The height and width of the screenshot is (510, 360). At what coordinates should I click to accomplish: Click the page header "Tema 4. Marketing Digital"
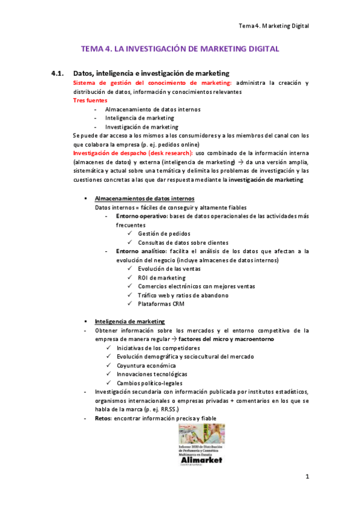click(273, 26)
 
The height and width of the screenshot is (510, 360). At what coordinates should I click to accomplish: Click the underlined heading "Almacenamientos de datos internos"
click(144, 198)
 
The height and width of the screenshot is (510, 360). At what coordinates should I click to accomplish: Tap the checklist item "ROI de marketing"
click(162, 278)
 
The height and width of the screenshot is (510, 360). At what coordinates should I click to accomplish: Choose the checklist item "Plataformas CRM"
click(161, 304)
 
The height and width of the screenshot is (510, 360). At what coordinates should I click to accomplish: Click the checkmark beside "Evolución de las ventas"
click(130, 269)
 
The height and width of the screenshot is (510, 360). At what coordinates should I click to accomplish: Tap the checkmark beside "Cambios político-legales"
click(108, 383)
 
